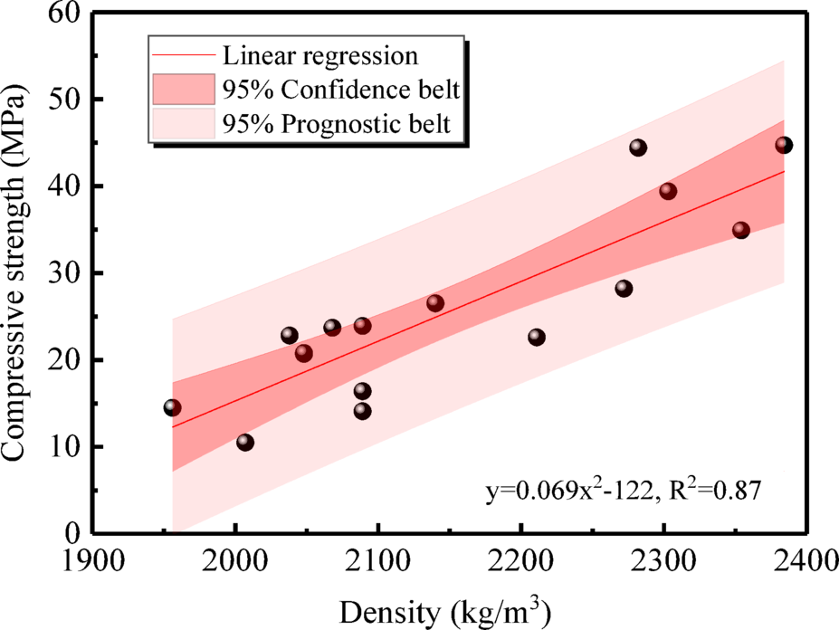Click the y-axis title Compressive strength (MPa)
[x=20, y=272]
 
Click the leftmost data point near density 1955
[x=172, y=407]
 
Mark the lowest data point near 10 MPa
[x=244, y=442]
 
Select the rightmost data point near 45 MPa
[x=784, y=145]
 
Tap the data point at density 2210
[x=536, y=337]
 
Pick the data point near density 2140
[x=434, y=302]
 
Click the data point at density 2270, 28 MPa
[x=623, y=288]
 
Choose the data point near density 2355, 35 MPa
[x=740, y=230]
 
